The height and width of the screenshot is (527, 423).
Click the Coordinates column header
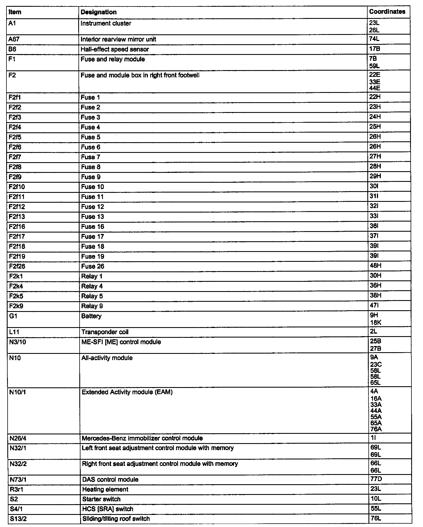(387, 12)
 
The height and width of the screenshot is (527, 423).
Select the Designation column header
(98, 12)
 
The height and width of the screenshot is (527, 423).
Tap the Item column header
(15, 12)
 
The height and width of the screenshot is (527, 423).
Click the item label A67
(14, 39)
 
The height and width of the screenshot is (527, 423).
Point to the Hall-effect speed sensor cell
(115, 49)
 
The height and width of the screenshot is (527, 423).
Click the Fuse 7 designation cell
(91, 157)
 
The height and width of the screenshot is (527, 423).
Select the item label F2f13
(17, 216)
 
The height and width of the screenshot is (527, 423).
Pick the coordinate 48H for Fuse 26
(375, 266)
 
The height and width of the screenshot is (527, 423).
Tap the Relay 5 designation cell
(92, 296)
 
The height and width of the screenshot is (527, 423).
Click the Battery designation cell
(91, 316)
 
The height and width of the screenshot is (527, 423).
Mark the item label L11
(14, 332)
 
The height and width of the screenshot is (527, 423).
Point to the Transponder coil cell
(105, 332)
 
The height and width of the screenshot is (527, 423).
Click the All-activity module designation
(107, 358)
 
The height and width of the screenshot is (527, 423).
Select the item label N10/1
(17, 392)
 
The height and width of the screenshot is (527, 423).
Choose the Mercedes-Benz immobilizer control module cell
(142, 438)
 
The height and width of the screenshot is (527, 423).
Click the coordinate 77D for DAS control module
(376, 479)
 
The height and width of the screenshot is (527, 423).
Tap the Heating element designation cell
(105, 489)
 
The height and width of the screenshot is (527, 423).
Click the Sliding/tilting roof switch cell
(116, 519)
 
